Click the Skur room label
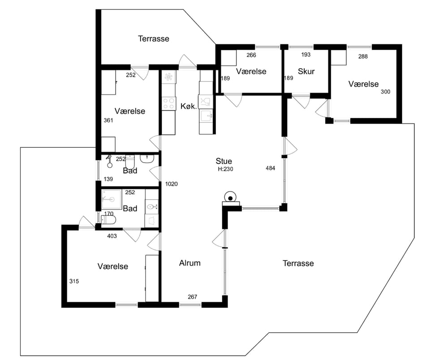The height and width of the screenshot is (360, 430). coord(306,71)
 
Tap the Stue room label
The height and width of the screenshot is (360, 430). coord(224,161)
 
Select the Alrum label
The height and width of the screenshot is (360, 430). coord(190,263)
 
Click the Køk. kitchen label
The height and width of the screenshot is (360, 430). coord(189,106)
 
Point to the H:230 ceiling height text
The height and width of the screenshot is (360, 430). coord(225,169)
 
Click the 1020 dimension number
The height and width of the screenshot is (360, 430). coord(172,184)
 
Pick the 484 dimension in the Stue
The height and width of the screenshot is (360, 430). coord(271,168)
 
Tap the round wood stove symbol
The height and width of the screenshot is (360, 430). coord(231,197)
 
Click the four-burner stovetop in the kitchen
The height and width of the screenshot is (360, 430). coord(169,103)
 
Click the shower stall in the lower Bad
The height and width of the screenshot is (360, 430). coord(112,199)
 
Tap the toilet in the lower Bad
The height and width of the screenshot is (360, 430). coord(108,220)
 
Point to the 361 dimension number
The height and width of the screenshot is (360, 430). coord(108,120)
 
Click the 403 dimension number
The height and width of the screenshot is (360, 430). coord(112,236)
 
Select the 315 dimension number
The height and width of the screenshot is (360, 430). coord(74,281)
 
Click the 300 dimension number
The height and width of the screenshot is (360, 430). coord(386,92)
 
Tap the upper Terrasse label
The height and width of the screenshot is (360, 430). coord(154,39)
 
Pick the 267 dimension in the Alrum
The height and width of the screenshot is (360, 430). coord(193,297)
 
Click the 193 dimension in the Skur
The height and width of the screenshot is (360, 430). coord(306,55)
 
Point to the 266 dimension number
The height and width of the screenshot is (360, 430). coord(251,55)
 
